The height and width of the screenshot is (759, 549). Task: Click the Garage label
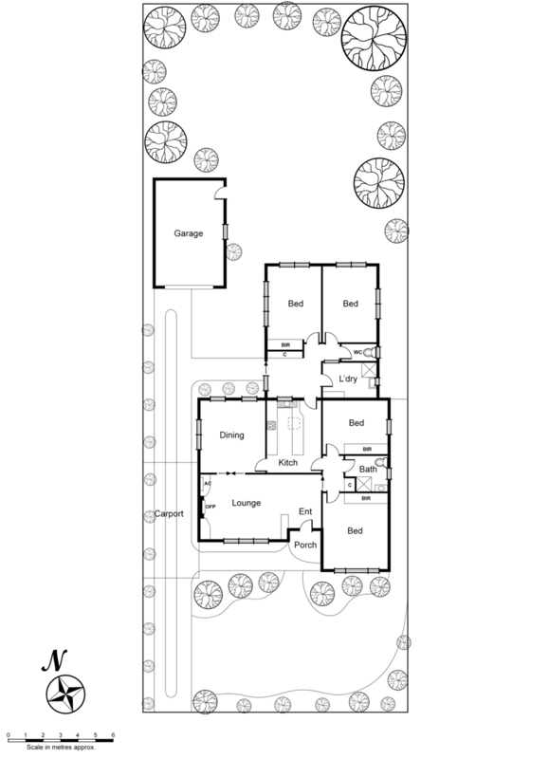coord(188,232)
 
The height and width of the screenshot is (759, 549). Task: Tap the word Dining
coord(232,435)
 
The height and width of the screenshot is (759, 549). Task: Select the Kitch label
coord(288,462)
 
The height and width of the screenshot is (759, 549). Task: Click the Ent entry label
coord(305,512)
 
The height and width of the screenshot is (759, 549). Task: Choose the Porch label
coord(304,545)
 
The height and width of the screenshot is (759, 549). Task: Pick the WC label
coord(357,352)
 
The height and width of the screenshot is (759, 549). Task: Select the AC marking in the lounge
coord(206,484)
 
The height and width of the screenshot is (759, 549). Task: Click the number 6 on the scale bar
coord(113,734)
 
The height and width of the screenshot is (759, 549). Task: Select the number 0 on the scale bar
coord(9,734)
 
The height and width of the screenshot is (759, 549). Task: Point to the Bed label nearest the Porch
coord(356,530)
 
